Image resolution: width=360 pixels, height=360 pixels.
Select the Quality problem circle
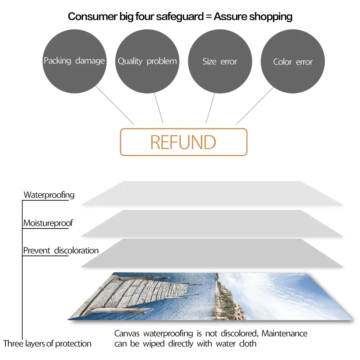147,61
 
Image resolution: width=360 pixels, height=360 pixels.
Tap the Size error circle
220,61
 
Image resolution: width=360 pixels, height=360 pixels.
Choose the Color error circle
293,62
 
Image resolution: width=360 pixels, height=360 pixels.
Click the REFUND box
184,142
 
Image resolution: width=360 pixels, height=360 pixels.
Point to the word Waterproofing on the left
49,195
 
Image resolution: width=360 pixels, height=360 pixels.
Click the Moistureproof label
48,223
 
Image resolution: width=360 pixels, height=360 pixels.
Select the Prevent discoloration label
61,250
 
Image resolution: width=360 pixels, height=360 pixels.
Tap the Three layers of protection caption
47,344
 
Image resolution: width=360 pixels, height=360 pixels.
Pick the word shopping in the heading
271,17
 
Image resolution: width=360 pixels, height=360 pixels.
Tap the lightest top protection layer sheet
211,193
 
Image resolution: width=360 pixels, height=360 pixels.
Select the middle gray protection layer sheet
211,223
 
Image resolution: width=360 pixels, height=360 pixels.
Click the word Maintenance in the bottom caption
284,334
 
